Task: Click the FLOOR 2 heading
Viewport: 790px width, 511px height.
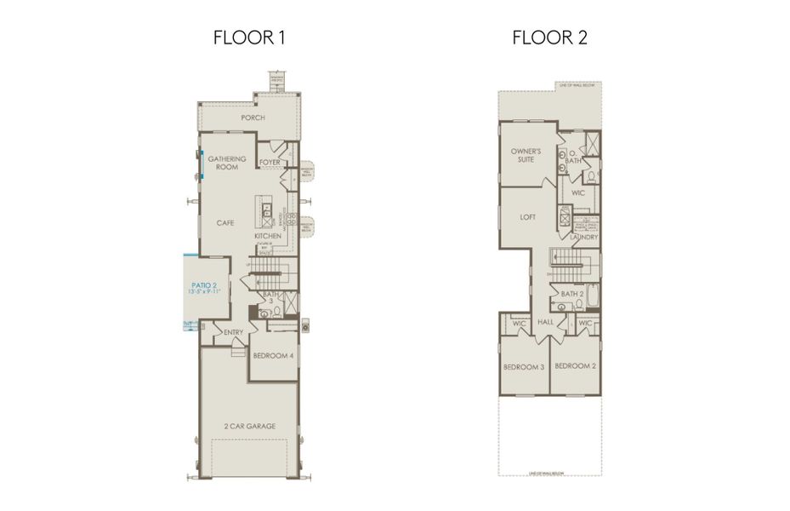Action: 548,37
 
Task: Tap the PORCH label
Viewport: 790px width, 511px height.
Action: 253,118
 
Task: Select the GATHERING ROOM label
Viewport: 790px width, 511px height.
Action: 227,163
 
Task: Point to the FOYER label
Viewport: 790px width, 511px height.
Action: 270,162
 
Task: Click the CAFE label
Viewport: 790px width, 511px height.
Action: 225,223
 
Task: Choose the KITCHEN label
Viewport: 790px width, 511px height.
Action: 267,235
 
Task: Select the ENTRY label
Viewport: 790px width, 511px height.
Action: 234,332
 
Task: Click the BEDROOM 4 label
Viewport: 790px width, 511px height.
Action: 274,356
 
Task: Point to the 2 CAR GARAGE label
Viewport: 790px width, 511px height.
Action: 249,427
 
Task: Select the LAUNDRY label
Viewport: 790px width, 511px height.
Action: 584,237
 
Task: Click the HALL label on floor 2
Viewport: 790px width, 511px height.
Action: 547,323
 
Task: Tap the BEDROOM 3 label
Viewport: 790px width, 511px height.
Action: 523,366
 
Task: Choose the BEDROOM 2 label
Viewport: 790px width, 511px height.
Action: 574,366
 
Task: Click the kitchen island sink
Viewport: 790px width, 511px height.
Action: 266,207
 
